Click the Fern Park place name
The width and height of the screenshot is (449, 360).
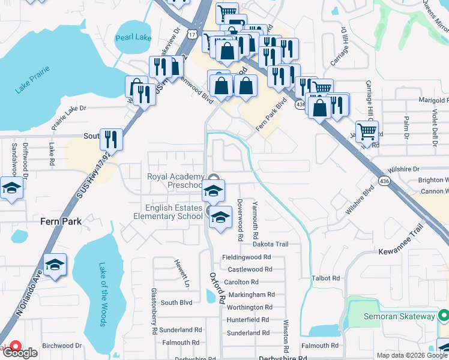coord(61,221)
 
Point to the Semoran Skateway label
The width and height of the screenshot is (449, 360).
coord(399,316)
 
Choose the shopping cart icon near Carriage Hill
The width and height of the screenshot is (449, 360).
coord(367,131)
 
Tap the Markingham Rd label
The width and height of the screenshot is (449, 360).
coord(250,295)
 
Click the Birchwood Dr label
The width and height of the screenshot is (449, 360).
coord(62,346)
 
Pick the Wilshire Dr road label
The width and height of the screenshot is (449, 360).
coord(403,170)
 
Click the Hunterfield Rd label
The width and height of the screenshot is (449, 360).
coord(249,320)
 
